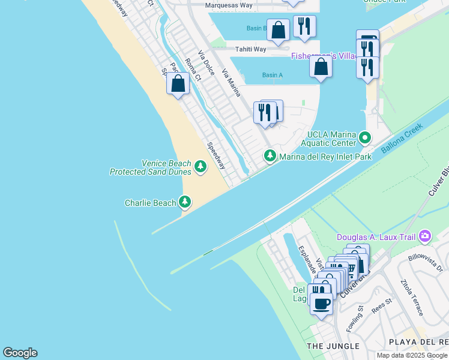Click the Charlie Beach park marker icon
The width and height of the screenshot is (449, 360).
coord(185,202)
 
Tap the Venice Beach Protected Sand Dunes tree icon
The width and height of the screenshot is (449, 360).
coord(200,167)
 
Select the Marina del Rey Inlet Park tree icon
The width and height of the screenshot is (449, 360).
coord(270,156)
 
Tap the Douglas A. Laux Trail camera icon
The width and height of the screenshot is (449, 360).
coord(425,236)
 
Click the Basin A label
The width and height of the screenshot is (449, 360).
coord(272,75)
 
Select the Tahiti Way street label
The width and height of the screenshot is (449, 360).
coord(251,49)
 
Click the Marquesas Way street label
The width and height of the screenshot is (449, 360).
coord(229,5)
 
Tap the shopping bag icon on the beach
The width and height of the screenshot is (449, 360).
coord(178,83)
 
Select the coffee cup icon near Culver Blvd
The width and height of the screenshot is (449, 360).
coord(321,303)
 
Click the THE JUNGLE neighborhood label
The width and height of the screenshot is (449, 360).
coord(333,346)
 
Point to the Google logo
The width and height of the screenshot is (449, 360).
coord(20,353)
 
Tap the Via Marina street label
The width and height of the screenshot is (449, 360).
coord(231,83)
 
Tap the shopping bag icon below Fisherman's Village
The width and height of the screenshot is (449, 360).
coord(321,67)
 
